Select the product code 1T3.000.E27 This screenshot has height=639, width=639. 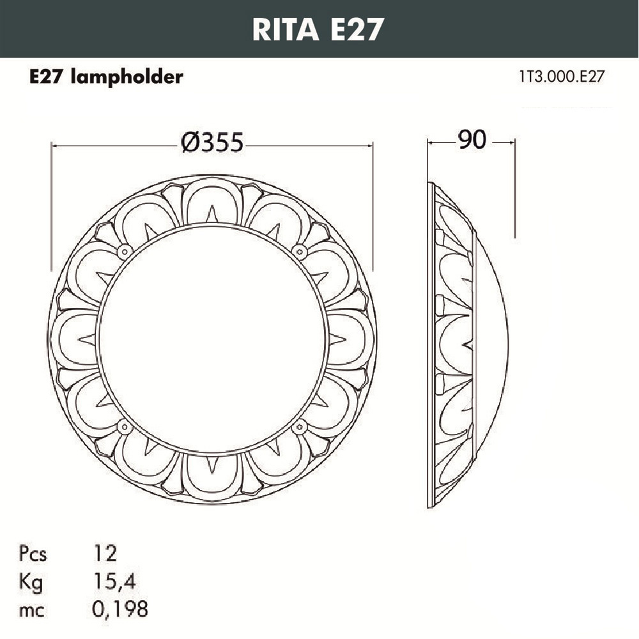(562, 77)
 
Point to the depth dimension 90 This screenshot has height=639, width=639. (471, 140)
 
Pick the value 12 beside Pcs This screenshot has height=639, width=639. (105, 553)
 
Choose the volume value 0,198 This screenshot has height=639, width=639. (121, 610)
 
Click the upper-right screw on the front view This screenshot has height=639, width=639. (299, 251)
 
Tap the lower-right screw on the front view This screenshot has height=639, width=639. (299, 426)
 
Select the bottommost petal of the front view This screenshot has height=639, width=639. (212, 477)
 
